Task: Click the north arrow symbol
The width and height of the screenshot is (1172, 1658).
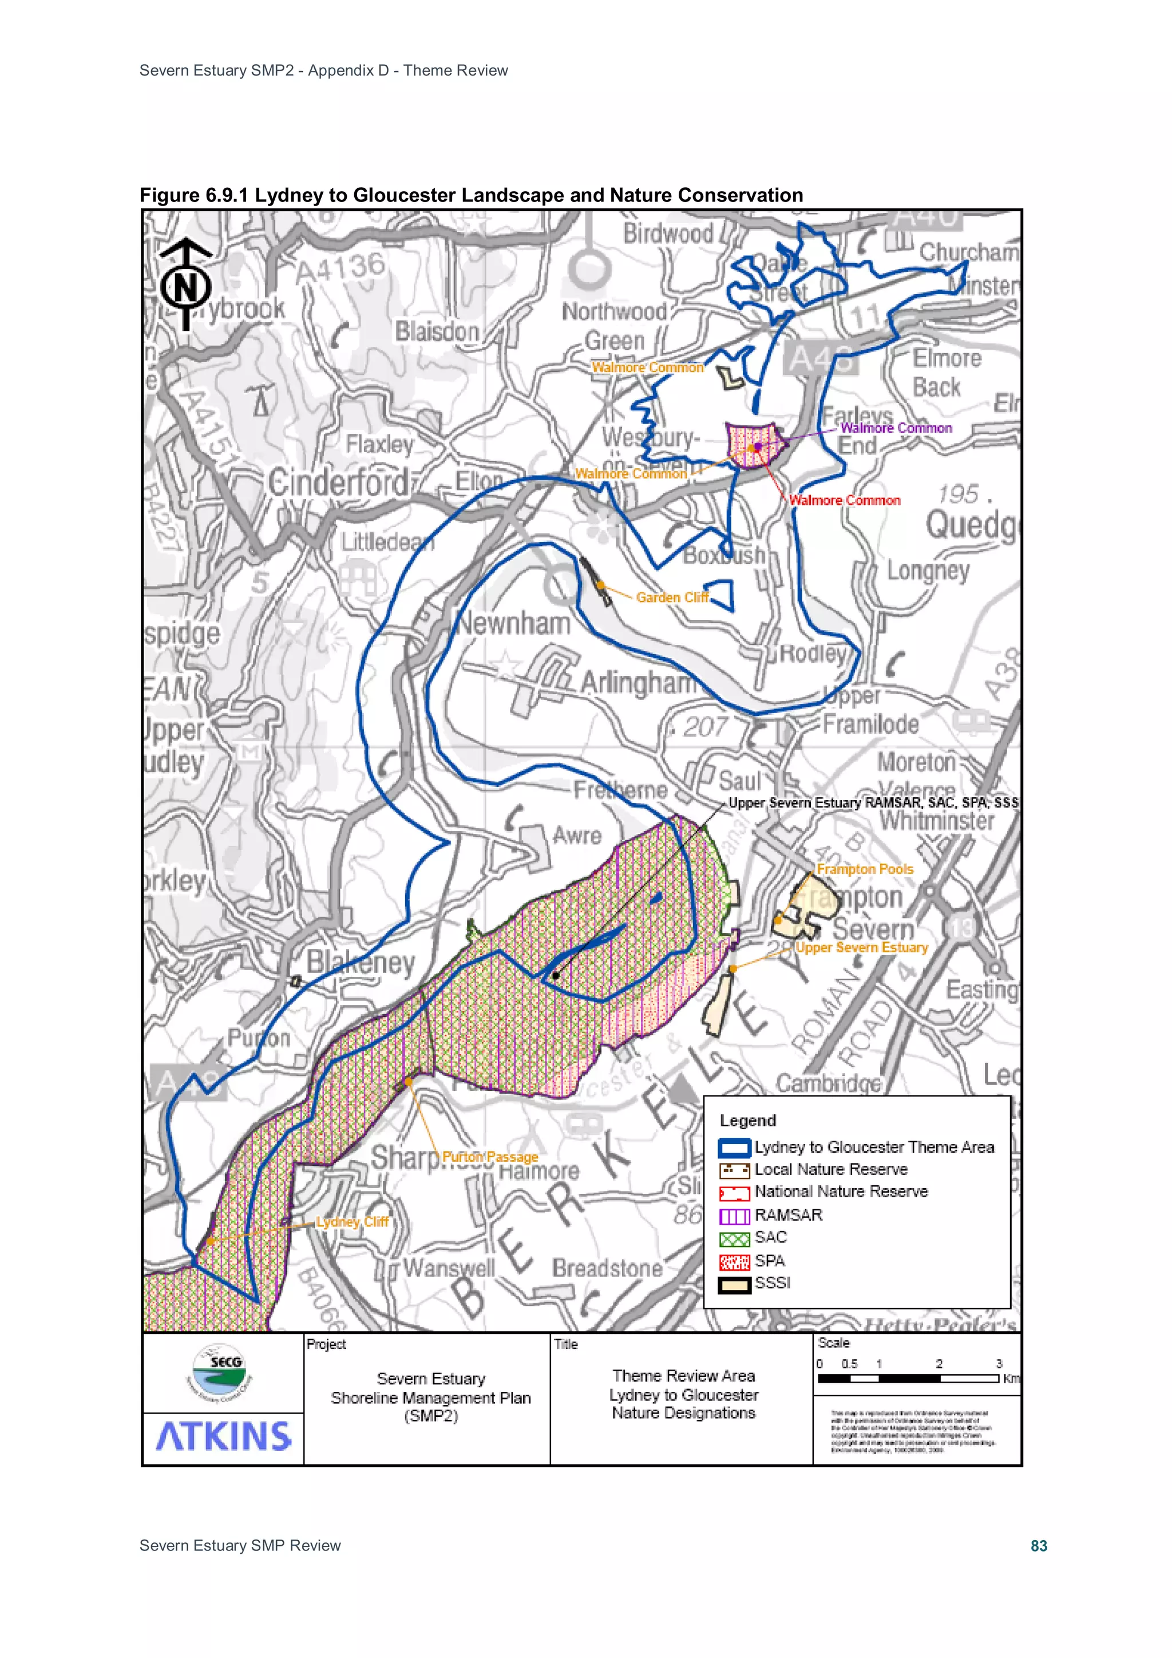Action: [185, 284]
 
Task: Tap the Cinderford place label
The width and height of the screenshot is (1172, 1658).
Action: [338, 482]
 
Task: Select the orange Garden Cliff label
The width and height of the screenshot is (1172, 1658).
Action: [672, 597]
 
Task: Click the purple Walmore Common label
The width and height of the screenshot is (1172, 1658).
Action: [896, 428]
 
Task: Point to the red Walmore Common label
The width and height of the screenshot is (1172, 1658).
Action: [844, 500]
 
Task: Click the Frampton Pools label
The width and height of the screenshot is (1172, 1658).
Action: [864, 869]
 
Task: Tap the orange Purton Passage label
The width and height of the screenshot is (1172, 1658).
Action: [490, 1157]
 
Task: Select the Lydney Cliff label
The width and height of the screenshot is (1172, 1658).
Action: [353, 1222]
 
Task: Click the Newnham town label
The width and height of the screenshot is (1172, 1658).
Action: [513, 623]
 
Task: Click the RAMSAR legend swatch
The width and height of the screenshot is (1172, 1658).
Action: [734, 1217]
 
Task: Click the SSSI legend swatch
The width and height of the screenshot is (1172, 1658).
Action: [734, 1285]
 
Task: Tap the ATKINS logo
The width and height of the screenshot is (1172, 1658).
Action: [223, 1437]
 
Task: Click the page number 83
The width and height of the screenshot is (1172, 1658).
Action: [1039, 1546]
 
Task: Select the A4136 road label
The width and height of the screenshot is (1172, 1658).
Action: [340, 268]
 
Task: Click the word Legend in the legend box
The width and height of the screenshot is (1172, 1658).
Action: [747, 1121]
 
